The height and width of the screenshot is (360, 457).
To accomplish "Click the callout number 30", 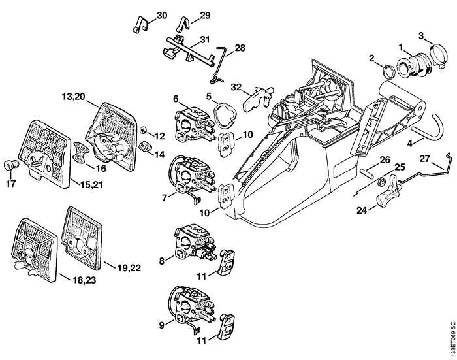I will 162,15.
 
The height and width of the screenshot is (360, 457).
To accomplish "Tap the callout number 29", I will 204,15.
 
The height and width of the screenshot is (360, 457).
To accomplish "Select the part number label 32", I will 235,86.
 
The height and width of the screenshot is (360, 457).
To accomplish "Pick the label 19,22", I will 129,267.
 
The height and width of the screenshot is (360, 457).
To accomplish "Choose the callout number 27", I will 424,157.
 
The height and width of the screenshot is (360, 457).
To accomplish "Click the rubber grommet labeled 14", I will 146,143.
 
